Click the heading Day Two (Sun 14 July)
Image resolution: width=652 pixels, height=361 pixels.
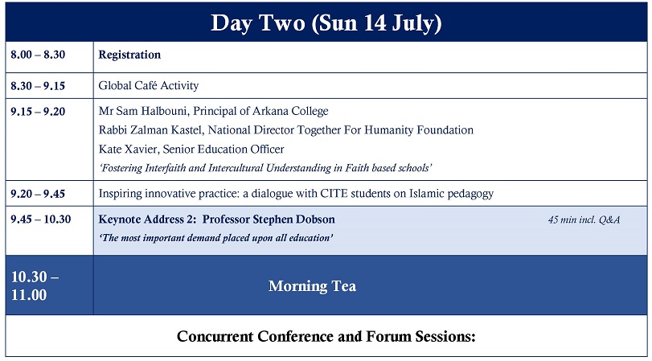coord(326,23)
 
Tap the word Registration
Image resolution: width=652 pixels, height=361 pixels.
coord(129,55)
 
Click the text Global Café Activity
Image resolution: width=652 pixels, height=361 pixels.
coord(149,86)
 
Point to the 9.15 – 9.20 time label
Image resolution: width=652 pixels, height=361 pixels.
coord(38,112)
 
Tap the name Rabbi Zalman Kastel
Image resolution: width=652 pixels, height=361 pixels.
coord(151,130)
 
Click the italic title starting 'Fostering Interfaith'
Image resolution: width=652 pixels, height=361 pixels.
coord(265,168)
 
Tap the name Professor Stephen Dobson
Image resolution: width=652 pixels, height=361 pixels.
coord(269,219)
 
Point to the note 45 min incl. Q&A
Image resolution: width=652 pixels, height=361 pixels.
coord(584,219)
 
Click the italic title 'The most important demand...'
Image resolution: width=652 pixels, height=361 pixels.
coord(215,238)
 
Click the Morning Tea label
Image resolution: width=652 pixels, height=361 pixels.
coord(312,286)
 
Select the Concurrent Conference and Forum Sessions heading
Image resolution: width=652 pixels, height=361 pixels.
coord(326,336)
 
